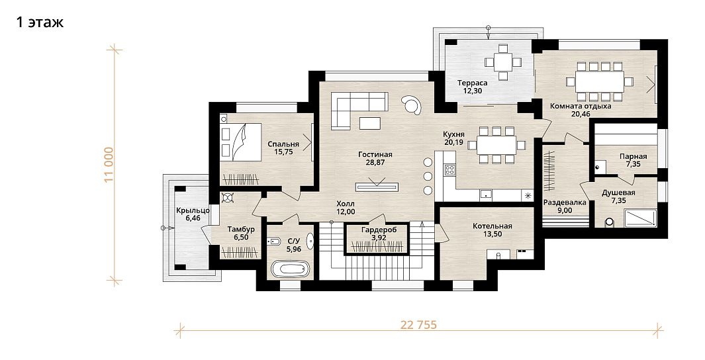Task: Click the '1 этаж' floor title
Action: click(40, 22)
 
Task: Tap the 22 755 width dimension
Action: click(418, 325)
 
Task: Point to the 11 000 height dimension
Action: click(110, 165)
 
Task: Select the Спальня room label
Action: click(283, 144)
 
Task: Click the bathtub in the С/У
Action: click(291, 269)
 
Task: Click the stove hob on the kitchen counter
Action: click(449, 169)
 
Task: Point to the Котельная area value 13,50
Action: click(493, 234)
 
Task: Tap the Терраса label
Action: click(472, 83)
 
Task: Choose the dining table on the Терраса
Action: click(502, 62)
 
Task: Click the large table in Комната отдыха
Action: click(600, 82)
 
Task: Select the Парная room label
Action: click(633, 156)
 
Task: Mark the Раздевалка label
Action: click(565, 202)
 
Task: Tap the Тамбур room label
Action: click(241, 229)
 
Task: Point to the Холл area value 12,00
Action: click(346, 212)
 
